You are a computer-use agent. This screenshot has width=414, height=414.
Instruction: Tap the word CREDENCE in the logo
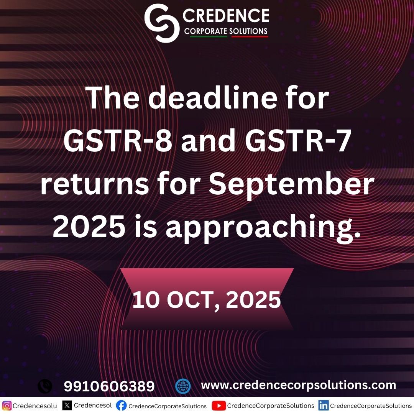coord(226,15)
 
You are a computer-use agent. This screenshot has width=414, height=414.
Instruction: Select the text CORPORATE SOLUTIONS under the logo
coord(226,31)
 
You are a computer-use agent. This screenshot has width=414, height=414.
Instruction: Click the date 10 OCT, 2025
coord(207,301)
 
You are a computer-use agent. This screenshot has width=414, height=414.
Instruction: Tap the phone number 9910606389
coord(109,386)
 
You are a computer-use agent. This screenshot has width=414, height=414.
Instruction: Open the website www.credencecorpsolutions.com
coord(298,385)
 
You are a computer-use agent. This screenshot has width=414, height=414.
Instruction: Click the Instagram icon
coord(7,406)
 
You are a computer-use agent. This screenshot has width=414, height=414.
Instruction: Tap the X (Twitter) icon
coord(67,405)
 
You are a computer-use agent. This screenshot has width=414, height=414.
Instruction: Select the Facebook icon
coord(121,406)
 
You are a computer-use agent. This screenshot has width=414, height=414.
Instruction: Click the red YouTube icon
coord(219,406)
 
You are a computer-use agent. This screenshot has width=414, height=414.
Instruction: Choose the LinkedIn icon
coord(323,406)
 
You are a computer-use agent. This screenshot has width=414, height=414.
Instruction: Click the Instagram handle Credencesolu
coord(35,406)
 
